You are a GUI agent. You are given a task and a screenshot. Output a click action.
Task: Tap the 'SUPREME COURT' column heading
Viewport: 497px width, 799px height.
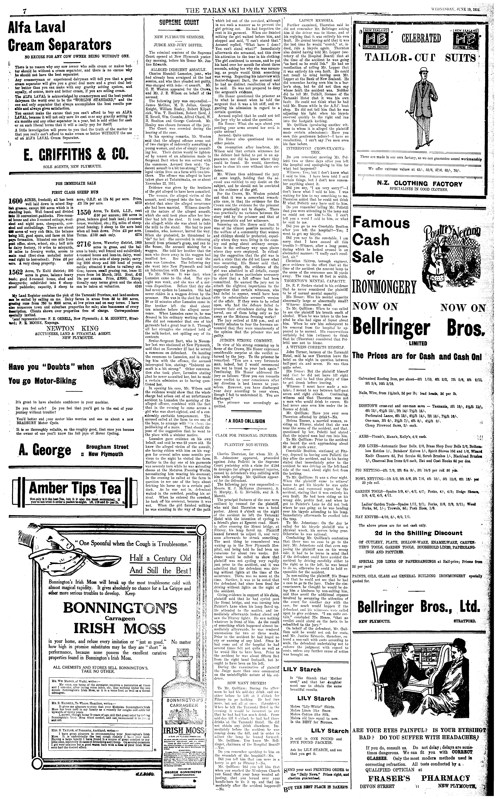(x=179, y=23)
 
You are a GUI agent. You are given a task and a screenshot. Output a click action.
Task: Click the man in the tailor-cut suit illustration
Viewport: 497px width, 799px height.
(x=419, y=108)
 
